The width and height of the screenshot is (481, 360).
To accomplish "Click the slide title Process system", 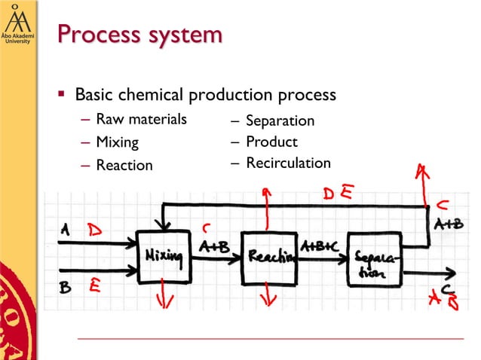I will coord(139,35).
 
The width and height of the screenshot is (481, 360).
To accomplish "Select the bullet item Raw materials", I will coord(141,119).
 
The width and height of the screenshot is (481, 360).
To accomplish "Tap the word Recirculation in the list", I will coord(288,163).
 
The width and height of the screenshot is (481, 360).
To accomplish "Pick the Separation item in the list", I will coord(280,121).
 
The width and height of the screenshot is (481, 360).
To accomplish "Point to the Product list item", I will coord(271,142).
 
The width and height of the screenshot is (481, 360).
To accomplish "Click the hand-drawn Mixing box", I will coord(163,258).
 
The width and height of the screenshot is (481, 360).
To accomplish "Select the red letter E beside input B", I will coord(96,284).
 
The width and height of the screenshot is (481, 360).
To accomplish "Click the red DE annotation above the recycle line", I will coord(338,194).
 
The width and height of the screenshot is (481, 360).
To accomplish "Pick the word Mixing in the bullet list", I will coord(117,142).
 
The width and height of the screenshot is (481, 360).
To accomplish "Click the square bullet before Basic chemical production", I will coord(63,96).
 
